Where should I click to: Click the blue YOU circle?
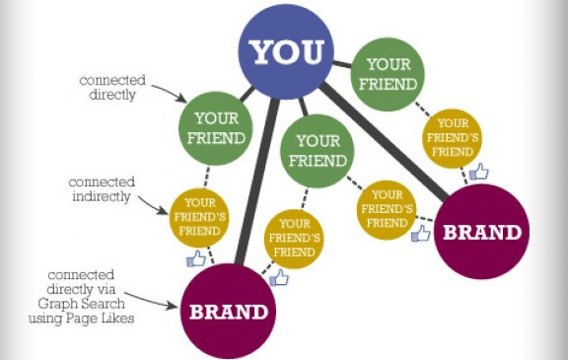[x=286, y=52]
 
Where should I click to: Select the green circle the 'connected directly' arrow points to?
[x=216, y=128]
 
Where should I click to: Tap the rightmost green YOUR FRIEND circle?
[x=388, y=74]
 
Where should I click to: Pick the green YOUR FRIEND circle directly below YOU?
[x=318, y=151]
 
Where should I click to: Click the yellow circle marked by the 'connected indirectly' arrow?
[x=199, y=217]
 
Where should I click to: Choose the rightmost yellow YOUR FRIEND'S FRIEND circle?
[x=452, y=138]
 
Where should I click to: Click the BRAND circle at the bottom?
[x=228, y=312]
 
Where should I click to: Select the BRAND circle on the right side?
[x=481, y=232]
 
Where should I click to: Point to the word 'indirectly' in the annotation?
[x=101, y=196]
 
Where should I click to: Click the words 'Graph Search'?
[x=81, y=304]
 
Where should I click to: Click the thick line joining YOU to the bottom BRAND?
[x=256, y=181]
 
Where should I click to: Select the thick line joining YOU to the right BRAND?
[x=385, y=141]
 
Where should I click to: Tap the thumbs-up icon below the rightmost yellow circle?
[x=478, y=172]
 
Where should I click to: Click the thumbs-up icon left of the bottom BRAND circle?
[x=196, y=258]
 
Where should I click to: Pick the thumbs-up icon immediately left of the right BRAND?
[x=420, y=233]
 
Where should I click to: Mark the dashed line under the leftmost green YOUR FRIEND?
[x=207, y=177]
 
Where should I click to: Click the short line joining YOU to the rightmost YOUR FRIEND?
[x=342, y=64]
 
